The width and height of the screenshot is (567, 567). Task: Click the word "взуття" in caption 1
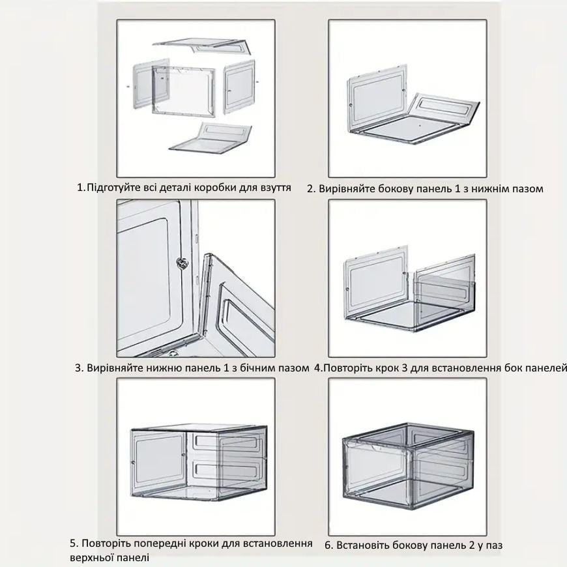click(275, 188)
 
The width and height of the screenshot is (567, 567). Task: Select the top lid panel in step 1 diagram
click(203, 46)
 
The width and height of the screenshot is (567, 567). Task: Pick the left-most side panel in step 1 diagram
click(151, 84)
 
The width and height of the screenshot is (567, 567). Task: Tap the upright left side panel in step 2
click(377, 98)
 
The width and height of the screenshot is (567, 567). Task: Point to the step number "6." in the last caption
click(328, 545)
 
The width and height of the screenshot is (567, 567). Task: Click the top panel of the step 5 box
click(199, 428)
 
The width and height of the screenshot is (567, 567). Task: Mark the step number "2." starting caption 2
click(311, 189)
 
